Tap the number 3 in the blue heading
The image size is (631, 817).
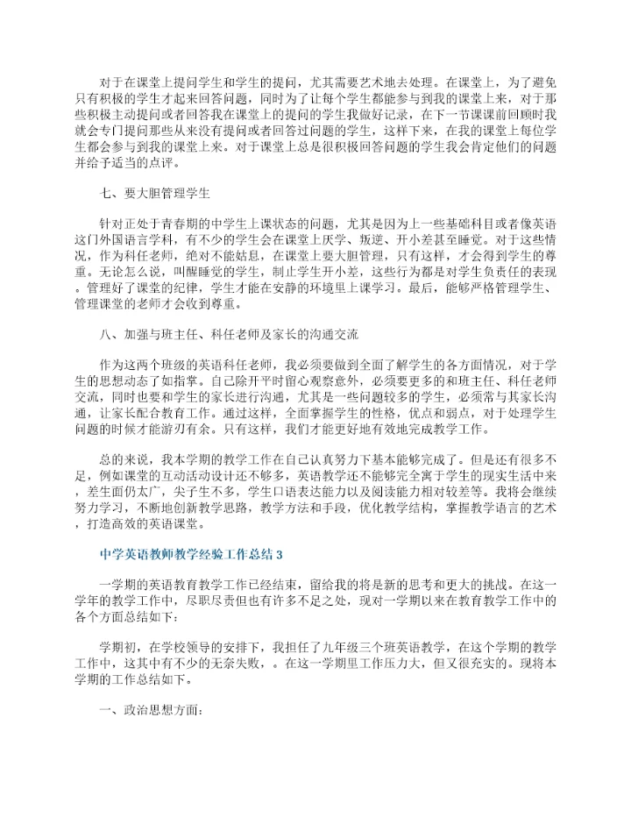click(x=280, y=555)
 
